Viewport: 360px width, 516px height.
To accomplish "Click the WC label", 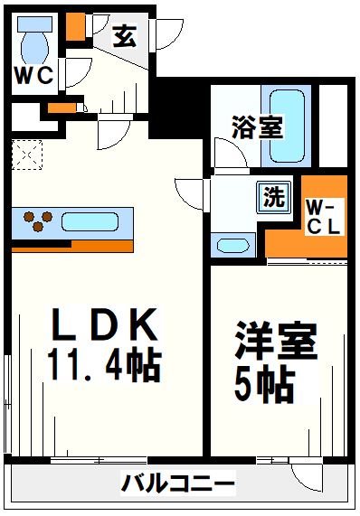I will click(x=33, y=75).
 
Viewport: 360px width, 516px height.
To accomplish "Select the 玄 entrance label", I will click(x=124, y=37).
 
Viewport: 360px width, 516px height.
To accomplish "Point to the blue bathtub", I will click(x=287, y=116).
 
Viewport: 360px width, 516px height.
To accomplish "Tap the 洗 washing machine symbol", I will click(x=272, y=195).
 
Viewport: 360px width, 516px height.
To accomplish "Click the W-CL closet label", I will click(x=321, y=218).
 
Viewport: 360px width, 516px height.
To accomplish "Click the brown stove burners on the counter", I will click(x=37, y=220).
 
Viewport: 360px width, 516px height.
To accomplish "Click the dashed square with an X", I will click(x=26, y=155).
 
